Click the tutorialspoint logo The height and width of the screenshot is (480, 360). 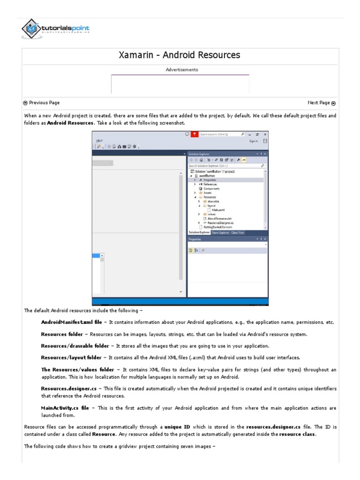coord(55,29)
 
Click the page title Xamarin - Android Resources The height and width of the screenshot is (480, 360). coord(180,55)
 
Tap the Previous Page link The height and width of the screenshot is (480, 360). coord(41,103)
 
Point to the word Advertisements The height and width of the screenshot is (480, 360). coord(182,70)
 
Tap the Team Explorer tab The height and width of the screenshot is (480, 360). coord(220,232)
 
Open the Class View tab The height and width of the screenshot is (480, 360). coord(238,232)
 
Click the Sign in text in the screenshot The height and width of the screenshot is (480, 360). coord(254,141)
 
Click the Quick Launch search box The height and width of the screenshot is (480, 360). coord(218,134)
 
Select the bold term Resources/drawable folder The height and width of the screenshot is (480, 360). coord(75,346)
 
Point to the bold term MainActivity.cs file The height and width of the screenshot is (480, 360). coord(65,408)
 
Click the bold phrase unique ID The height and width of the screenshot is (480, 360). coord(177,427)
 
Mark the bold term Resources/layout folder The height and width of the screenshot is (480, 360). coord(71,358)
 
